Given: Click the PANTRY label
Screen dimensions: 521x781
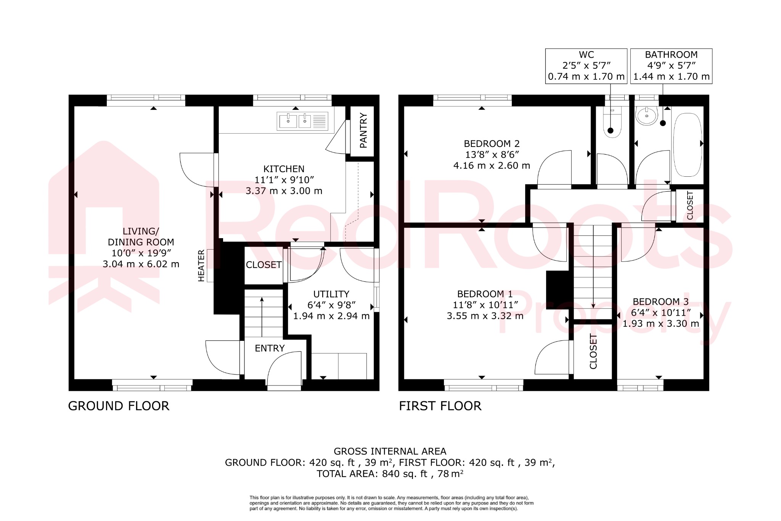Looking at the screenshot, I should [363, 131].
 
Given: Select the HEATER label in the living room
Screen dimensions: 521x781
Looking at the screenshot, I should [201, 266].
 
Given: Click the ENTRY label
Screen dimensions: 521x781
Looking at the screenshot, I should [270, 348].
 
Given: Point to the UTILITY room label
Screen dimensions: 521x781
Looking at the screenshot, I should [331, 294].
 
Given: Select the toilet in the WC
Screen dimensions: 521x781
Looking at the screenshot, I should [612, 124].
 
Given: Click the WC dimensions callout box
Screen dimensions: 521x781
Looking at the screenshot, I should [586, 66].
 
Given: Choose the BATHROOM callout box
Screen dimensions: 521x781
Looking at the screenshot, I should [671, 66].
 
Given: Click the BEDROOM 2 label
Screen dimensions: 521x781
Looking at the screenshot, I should [492, 144].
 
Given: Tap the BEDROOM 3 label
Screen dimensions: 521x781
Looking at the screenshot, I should [660, 302].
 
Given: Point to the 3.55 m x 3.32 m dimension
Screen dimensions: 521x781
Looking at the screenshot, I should [485, 316].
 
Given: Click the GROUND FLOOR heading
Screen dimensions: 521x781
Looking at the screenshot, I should [119, 406].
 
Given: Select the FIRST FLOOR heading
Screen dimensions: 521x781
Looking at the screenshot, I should [440, 406].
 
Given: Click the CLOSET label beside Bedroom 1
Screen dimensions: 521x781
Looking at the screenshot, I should [593, 351].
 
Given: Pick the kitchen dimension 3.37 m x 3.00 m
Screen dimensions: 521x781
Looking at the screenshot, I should [284, 191].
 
